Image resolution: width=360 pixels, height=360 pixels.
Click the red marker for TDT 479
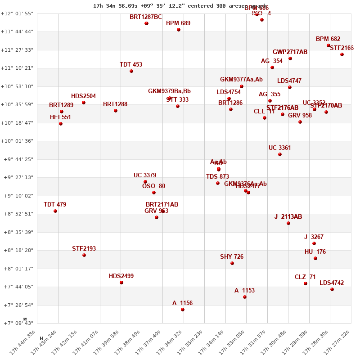tap(55, 211)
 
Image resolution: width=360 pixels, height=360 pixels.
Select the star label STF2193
tap(84, 249)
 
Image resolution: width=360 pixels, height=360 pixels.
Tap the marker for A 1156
tap(183, 310)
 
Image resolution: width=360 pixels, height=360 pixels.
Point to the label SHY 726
tap(232, 257)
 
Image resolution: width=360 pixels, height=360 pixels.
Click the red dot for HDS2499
tap(121, 283)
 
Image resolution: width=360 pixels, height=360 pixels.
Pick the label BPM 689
tap(178, 23)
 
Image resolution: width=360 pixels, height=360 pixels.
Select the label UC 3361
tap(280, 148)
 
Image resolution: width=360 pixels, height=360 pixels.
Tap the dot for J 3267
tap(314, 243)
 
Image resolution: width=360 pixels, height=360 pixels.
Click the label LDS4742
tap(332, 283)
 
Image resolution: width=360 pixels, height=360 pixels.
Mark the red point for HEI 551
tap(61, 124)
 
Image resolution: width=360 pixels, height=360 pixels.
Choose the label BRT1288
tap(115, 104)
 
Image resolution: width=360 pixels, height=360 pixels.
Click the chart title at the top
tap(180, 6)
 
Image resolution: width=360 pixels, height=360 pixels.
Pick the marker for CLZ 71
tap(306, 283)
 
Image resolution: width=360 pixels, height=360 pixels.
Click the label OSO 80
tap(153, 186)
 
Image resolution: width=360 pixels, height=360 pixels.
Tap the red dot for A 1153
tap(245, 297)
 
